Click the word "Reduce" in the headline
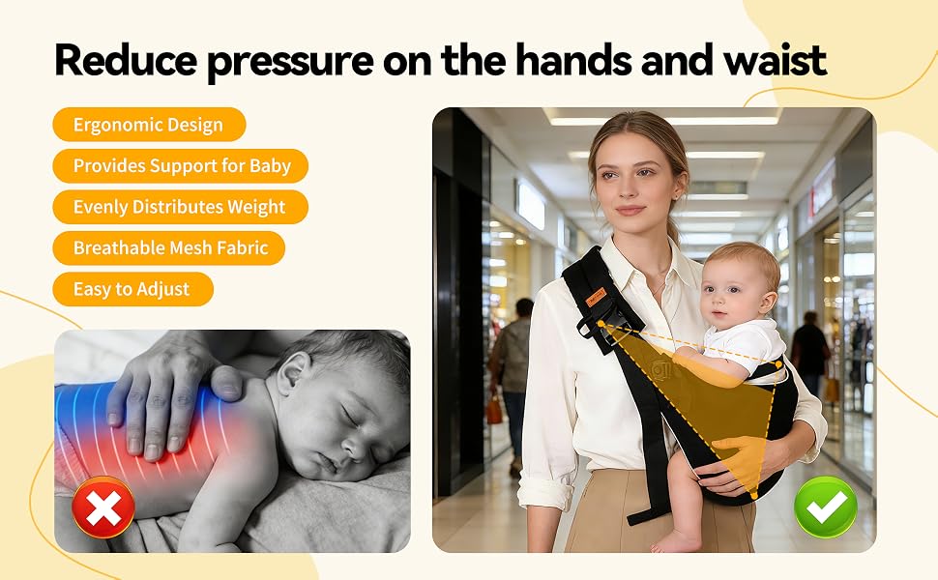(x=126, y=60)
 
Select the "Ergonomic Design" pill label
(x=149, y=125)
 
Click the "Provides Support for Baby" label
(x=181, y=165)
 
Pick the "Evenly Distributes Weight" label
(x=181, y=207)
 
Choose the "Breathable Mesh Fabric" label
(x=168, y=248)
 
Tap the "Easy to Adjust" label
(x=132, y=289)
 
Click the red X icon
(x=103, y=507)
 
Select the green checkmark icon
(x=826, y=507)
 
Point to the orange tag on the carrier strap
(x=597, y=297)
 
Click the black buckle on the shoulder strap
(x=601, y=329)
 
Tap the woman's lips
(x=630, y=211)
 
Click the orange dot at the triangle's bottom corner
(x=754, y=496)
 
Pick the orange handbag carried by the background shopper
(x=494, y=410)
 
